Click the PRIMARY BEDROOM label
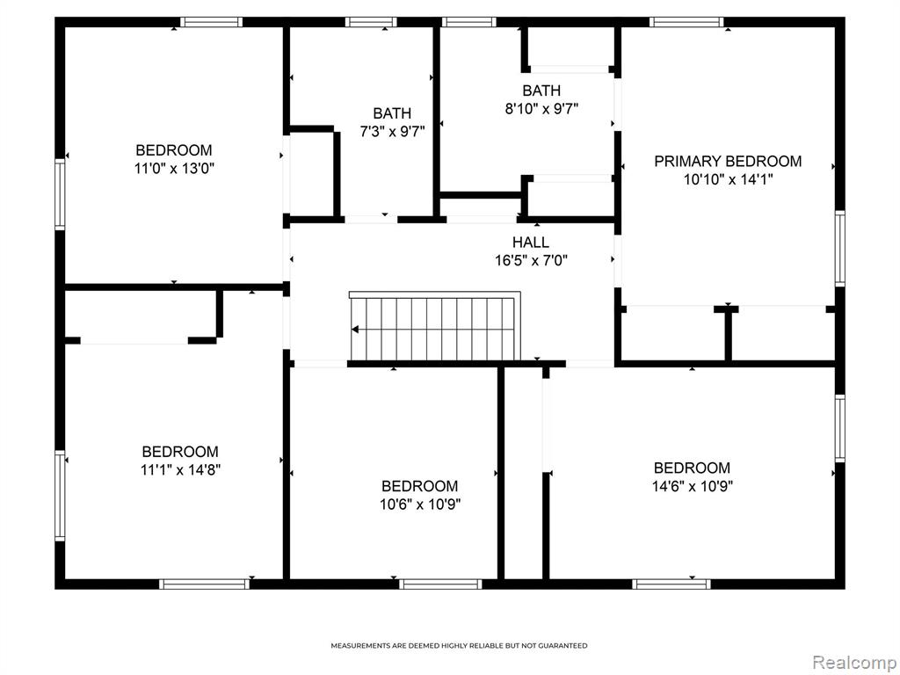728,162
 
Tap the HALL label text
531,243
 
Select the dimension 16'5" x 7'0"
531,260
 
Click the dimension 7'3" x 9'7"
392,132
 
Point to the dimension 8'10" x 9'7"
541,108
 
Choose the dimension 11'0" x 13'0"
174,169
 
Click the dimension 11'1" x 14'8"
180,470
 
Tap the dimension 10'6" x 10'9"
420,504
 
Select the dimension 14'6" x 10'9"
693,486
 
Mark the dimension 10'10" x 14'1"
728,179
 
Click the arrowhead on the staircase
355,330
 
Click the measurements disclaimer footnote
459,646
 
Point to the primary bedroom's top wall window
686,22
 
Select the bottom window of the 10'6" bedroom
441,584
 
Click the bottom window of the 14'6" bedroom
671,584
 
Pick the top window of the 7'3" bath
371,22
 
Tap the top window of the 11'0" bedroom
211,22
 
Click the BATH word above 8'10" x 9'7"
541,91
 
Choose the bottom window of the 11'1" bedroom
204,584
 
